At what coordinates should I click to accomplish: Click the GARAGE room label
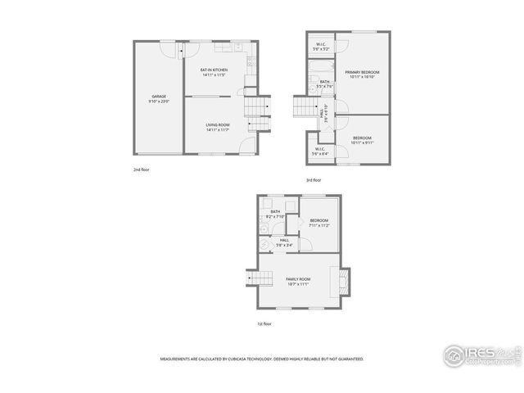(159, 97)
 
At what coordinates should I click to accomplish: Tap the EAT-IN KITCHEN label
(214, 70)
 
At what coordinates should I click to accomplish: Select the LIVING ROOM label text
(217, 124)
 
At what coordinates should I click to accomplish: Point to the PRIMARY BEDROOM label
(360, 73)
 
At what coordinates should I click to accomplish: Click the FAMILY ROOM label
(298, 279)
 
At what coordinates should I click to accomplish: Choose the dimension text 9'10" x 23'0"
(159, 102)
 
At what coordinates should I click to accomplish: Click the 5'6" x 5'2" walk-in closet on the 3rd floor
(321, 47)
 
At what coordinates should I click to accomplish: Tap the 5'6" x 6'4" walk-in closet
(319, 151)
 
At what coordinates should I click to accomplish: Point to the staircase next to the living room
(257, 107)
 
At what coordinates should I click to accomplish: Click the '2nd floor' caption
(142, 169)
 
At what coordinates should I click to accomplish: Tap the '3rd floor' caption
(314, 180)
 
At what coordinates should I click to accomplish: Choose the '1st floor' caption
(264, 323)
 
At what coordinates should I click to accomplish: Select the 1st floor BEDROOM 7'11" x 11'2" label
(319, 222)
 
